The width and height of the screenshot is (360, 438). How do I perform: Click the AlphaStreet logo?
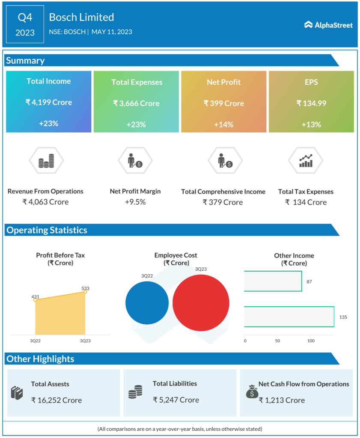328,25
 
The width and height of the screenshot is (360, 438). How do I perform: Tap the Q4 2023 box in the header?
25,24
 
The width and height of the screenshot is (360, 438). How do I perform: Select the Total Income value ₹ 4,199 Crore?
48,102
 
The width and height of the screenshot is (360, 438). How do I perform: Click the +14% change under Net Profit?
223,124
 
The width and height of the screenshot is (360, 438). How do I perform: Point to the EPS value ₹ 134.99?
311,103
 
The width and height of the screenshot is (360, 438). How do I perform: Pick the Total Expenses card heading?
137,82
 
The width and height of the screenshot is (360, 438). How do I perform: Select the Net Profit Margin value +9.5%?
135,202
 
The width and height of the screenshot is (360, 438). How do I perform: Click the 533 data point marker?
85,291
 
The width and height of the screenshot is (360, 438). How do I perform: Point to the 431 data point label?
35,296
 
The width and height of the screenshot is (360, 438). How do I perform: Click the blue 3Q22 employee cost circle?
147,302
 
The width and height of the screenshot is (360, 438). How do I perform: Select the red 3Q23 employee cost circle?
201,302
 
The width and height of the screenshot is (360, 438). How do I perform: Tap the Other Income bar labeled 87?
273,281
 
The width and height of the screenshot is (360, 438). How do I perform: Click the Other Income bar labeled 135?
289,317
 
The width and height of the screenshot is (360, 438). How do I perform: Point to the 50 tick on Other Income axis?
277,341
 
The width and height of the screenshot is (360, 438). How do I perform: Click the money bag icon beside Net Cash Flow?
252,391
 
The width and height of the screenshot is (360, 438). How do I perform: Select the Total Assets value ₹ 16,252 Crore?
56,400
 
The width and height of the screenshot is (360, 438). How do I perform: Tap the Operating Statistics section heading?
47,230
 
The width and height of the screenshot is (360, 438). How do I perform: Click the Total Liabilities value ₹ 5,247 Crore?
176,400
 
